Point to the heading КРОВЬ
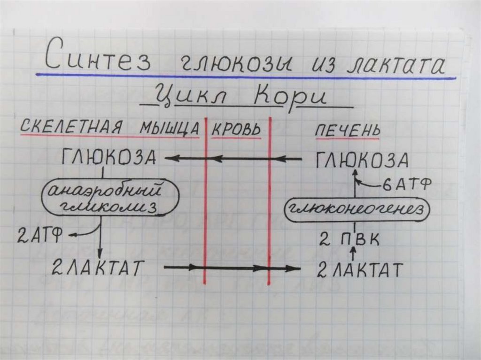click(x=236, y=129)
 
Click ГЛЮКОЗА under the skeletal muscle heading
click(x=109, y=158)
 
